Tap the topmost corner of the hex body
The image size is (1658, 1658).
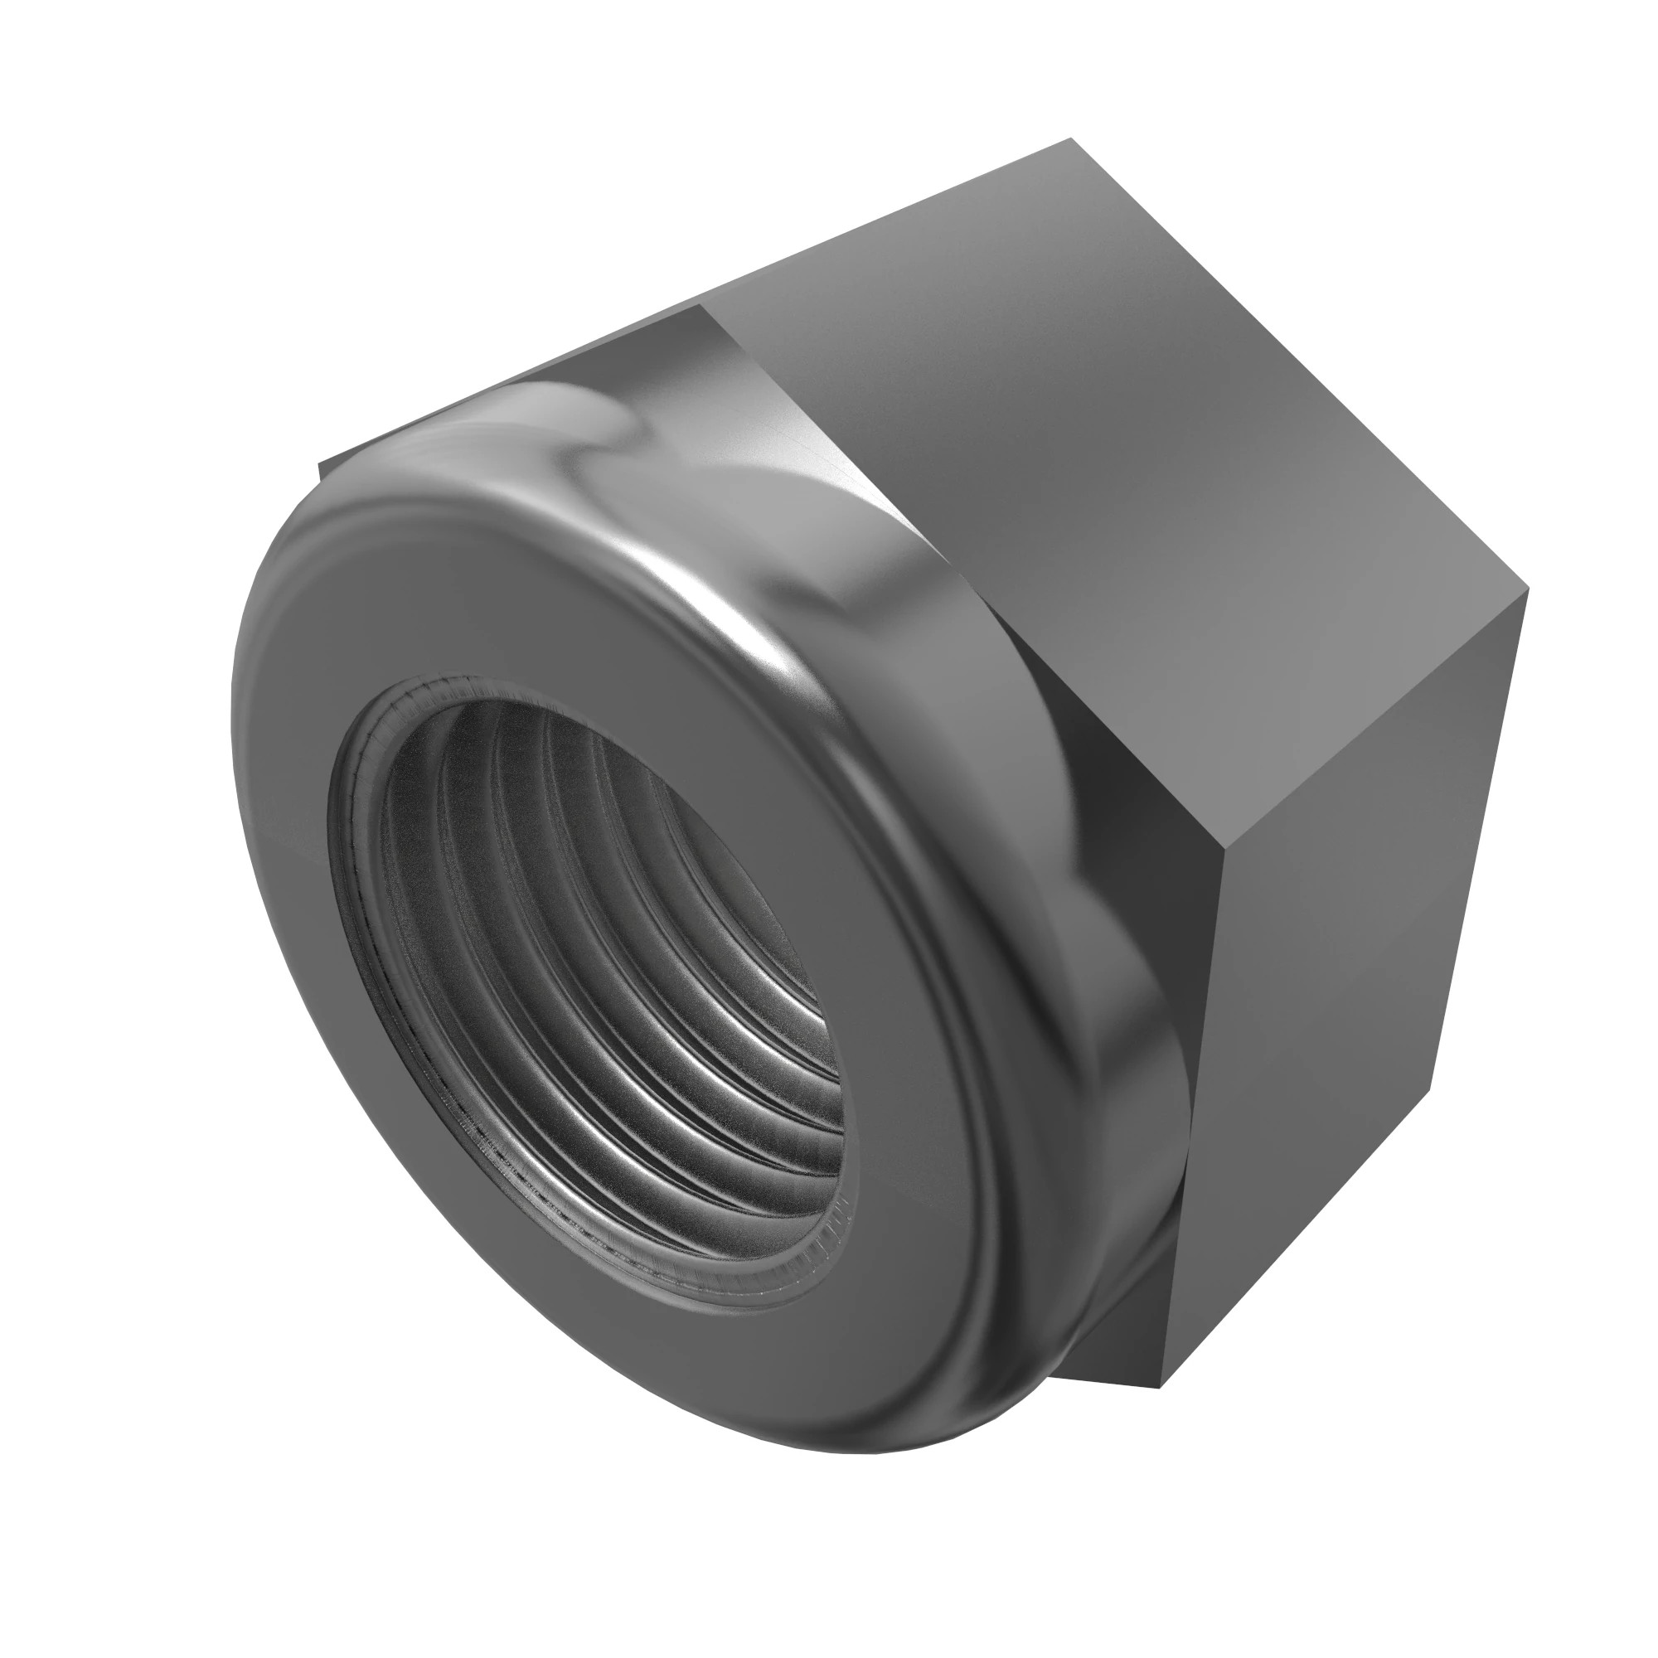tap(1070, 139)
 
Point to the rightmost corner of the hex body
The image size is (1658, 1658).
tap(1529, 590)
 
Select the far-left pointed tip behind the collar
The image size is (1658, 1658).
tap(321, 466)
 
